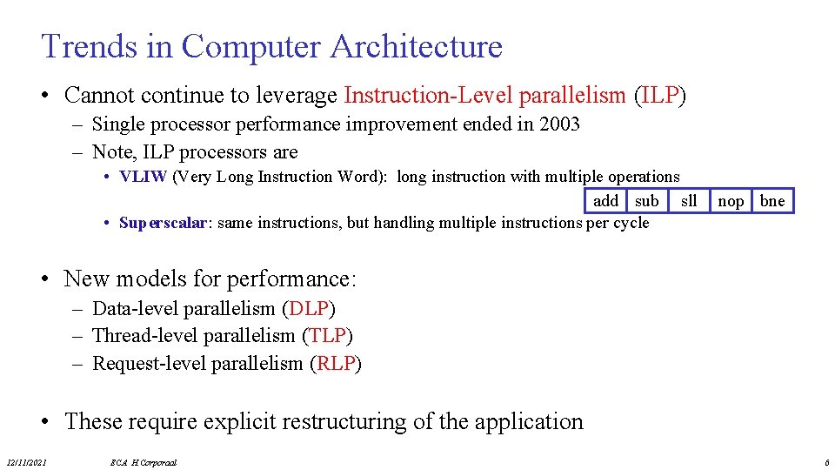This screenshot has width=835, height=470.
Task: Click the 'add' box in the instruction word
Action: [x=605, y=201]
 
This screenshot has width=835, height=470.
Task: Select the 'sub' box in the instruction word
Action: [x=646, y=201]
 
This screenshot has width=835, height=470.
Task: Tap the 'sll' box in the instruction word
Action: [x=689, y=201]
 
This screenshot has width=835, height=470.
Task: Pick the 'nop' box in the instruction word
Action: [x=731, y=201]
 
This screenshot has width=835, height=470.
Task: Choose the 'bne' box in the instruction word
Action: [x=772, y=201]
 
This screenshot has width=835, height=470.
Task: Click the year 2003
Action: [x=559, y=124]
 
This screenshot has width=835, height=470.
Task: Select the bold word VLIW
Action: [x=144, y=177]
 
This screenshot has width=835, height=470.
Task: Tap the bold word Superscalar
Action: [x=164, y=223]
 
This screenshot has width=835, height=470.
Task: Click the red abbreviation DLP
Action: [x=310, y=308]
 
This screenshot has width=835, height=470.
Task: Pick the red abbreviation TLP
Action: [x=327, y=335]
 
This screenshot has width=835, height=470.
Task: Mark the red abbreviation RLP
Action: [x=336, y=363]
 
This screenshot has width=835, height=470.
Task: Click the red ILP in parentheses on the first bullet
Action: [x=659, y=95]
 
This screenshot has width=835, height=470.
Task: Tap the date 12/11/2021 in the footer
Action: [x=27, y=462]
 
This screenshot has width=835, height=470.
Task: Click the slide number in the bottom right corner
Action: [x=826, y=462]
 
